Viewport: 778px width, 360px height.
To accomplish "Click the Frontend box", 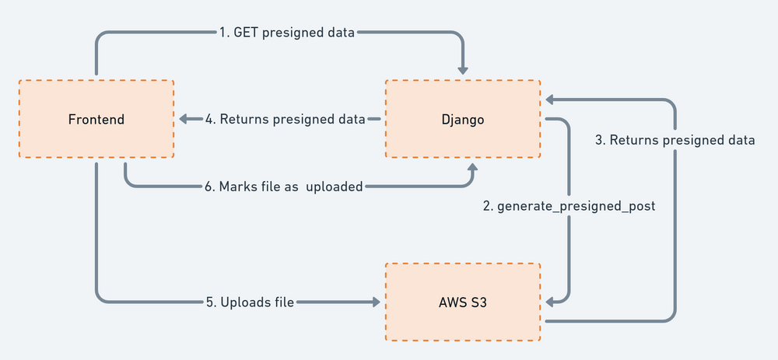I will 96,119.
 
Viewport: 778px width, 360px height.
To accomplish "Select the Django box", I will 463,119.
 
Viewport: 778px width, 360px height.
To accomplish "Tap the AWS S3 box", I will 463,302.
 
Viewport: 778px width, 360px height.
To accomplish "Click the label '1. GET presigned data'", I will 286,33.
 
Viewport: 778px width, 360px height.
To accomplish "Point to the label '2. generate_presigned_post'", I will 569,207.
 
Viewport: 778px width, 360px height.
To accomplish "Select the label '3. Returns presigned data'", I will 675,141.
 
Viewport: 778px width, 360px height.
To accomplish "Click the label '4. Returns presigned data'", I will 286,120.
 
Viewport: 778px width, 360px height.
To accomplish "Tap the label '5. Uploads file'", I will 250,302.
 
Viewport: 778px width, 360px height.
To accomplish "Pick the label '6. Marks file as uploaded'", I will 283,187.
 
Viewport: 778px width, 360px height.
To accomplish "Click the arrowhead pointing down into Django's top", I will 464,68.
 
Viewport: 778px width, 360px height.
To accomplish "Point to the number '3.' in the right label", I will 600,141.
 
